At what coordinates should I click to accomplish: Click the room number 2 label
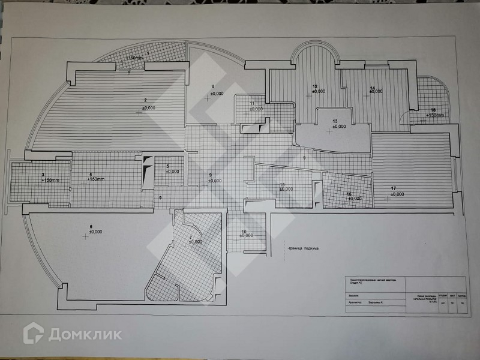point(145,100)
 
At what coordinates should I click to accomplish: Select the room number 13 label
point(335,120)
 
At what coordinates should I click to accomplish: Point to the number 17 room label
point(394,188)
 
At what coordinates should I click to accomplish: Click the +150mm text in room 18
point(435,115)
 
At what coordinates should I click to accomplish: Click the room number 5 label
point(168,166)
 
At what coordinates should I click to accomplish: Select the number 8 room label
point(212,86)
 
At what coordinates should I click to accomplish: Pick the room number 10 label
point(244,231)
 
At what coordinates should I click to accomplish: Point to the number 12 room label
point(315,86)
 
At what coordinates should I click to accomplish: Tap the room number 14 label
point(373,88)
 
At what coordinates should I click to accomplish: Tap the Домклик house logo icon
point(33,333)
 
